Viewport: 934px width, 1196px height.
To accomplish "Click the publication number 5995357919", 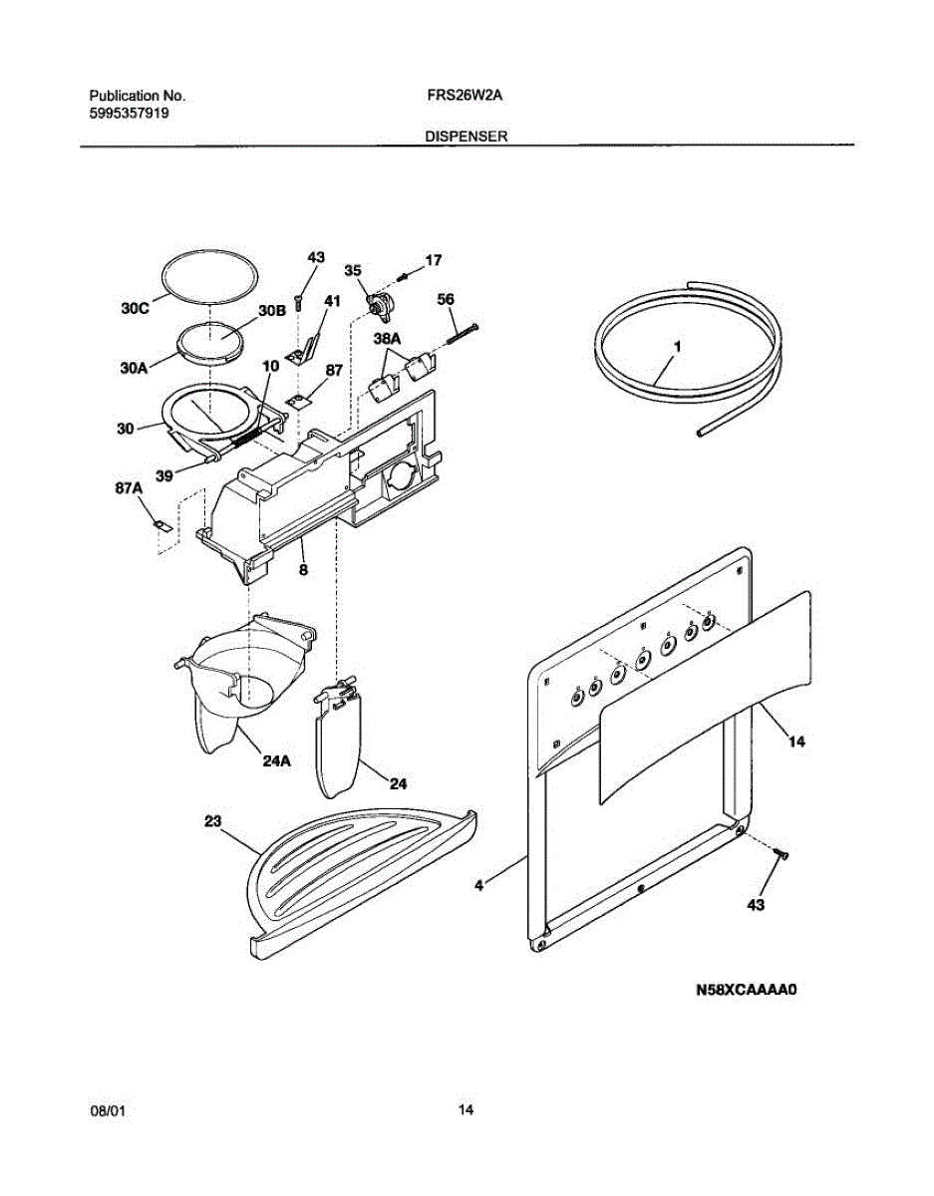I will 129,114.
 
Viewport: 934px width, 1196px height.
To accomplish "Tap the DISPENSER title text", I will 467,138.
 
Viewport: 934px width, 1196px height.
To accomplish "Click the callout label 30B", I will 272,311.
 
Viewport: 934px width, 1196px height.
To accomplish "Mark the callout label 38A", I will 387,339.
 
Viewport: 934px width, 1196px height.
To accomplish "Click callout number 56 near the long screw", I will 446,298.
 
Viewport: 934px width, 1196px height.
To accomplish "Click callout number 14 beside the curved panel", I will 795,742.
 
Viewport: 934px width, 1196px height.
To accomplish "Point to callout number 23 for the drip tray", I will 213,821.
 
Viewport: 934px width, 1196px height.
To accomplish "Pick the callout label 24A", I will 277,762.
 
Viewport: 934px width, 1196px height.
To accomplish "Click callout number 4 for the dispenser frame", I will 478,884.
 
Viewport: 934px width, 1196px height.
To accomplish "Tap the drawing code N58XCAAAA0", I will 749,991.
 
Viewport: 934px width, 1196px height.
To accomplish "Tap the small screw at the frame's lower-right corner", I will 780,853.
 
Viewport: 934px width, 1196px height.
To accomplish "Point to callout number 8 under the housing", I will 302,570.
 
